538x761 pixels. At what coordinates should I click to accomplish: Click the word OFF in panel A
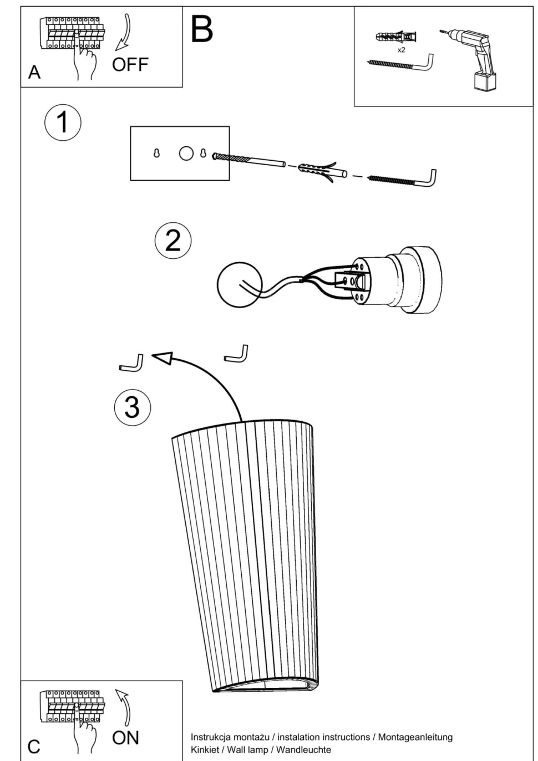tap(130, 65)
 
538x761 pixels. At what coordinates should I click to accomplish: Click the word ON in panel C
tap(125, 738)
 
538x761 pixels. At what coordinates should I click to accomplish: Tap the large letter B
tap(202, 29)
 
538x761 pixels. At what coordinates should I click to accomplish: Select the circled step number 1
tap(63, 122)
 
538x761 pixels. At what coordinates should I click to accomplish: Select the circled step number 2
tap(172, 241)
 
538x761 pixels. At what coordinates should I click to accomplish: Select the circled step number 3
tap(132, 407)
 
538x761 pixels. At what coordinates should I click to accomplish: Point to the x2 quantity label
tap(401, 50)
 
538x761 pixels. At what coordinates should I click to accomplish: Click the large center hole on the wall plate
tap(186, 153)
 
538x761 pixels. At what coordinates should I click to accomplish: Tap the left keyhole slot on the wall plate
tap(156, 154)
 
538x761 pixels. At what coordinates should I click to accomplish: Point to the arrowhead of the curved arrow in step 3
tap(161, 359)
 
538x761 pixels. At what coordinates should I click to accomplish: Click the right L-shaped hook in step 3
tap(237, 354)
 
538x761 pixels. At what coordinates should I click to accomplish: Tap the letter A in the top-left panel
tap(34, 73)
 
